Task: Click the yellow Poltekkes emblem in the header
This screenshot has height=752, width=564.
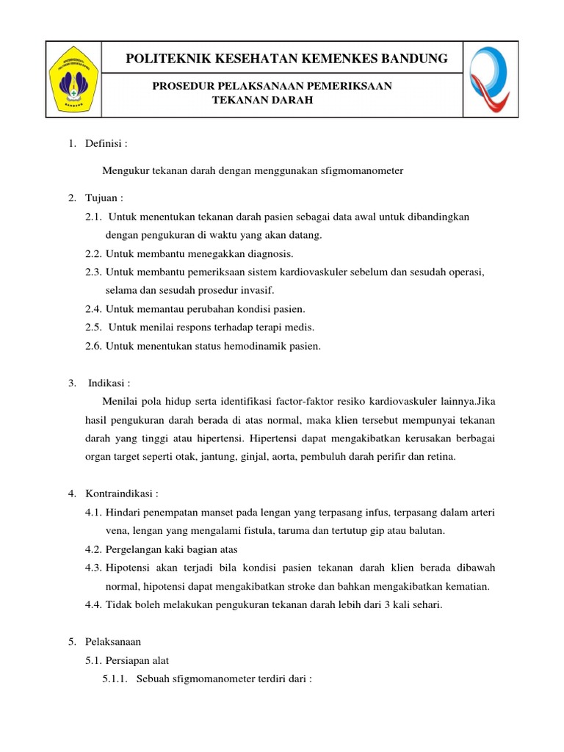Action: [x=74, y=79]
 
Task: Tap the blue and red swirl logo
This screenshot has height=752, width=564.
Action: [x=491, y=78]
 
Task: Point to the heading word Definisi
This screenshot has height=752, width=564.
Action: [x=104, y=143]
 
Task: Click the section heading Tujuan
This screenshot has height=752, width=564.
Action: [x=101, y=198]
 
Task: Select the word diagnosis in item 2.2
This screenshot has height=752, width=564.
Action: [x=269, y=254]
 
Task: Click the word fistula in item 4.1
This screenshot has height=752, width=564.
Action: [x=267, y=530]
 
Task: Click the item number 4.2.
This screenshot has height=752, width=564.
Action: [x=93, y=549]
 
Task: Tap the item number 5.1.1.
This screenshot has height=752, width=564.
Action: [x=116, y=679]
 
